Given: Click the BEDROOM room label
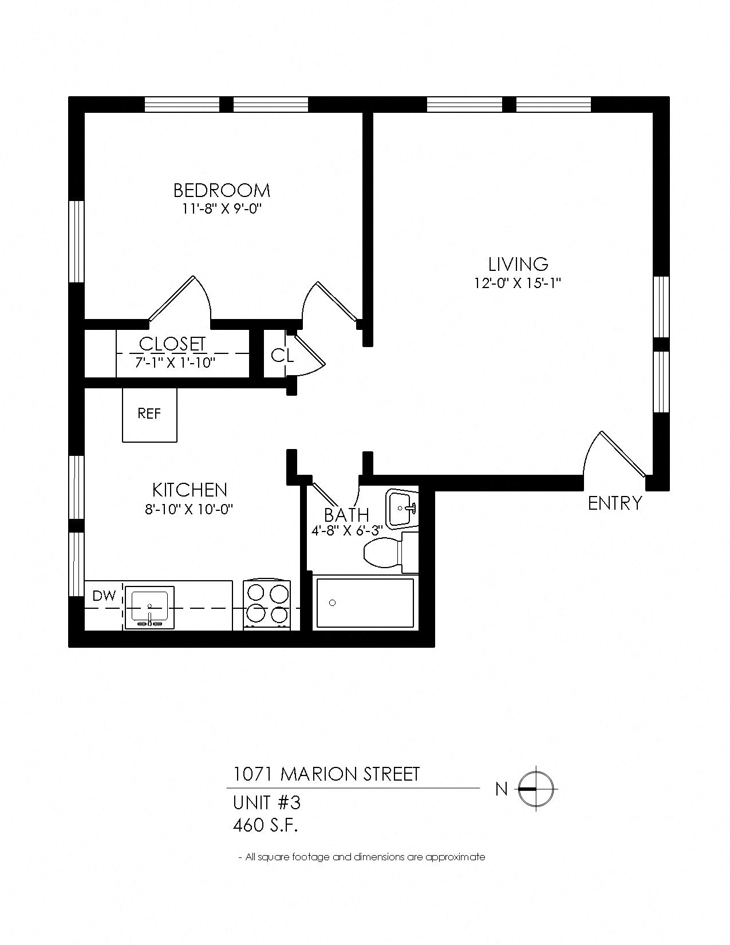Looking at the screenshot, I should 222,190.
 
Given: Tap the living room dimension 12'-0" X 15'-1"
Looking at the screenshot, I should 518,283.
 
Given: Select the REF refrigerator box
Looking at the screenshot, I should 149,414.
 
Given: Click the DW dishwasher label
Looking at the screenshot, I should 104,596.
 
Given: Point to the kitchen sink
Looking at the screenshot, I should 149,607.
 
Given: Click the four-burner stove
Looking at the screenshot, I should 267,606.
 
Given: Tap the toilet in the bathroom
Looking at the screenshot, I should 387,552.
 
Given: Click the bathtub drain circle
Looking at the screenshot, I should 333,603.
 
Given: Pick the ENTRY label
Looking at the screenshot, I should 615,503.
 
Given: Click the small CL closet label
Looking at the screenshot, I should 282,356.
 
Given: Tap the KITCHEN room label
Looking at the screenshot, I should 190,490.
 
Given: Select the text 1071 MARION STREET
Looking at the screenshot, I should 326,774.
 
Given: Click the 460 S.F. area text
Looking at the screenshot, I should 266,825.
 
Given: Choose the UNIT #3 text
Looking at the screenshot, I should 267,803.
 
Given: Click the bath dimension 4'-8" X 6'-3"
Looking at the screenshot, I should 346,531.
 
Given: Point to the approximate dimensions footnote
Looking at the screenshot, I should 362,857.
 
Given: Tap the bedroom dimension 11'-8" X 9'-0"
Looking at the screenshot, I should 222,209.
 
